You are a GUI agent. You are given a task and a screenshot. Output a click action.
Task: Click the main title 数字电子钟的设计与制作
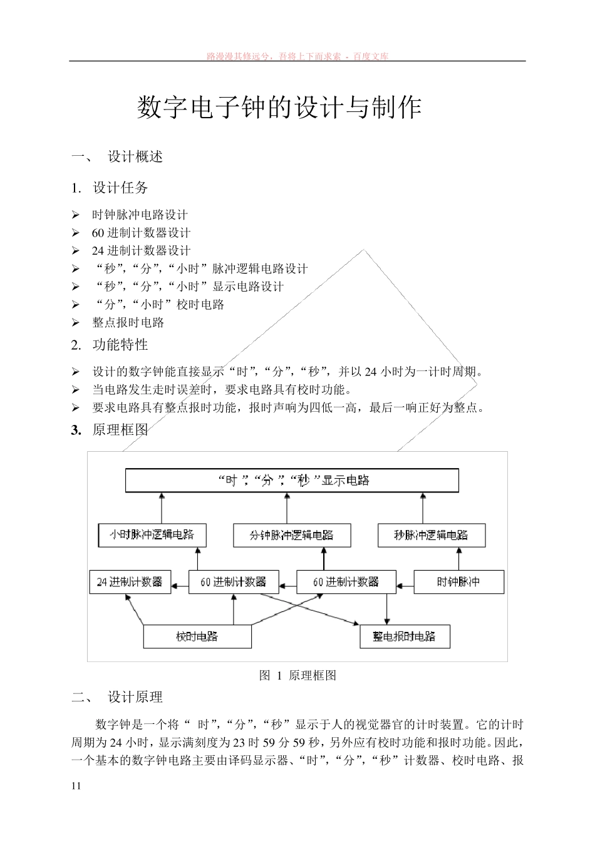tap(279, 108)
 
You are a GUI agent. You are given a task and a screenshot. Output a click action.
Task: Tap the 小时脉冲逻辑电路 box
tap(152, 535)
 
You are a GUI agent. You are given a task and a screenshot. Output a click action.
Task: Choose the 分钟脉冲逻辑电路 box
tap(291, 536)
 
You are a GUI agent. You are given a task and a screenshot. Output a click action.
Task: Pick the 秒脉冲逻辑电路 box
tap(431, 536)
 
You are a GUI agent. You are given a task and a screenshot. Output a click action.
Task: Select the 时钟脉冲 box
tap(458, 582)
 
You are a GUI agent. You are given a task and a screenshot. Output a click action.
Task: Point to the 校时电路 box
tap(197, 637)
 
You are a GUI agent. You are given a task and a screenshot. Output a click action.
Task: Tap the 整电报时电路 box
tap(405, 637)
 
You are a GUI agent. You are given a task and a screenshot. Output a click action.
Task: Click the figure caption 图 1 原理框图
tap(298, 676)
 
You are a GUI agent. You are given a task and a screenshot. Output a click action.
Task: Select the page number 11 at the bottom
tap(76, 787)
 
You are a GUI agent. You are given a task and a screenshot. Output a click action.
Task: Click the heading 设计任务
tap(120, 188)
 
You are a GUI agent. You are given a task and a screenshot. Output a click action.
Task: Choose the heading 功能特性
tap(120, 345)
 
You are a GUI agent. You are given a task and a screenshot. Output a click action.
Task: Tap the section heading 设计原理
tap(135, 697)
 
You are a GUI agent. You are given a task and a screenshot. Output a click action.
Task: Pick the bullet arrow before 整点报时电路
tap(76, 323)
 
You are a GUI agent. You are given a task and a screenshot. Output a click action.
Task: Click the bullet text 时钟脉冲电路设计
tap(140, 215)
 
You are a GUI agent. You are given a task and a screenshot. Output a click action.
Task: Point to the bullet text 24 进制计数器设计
tap(141, 251)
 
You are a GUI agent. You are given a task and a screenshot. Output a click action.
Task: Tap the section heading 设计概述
tap(135, 156)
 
